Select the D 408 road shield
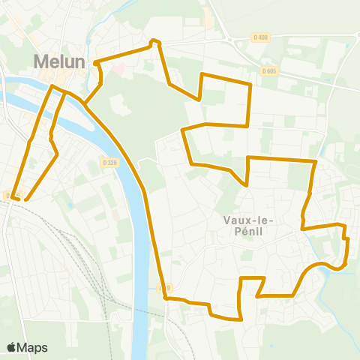pos(259,37)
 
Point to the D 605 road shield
pos(270,70)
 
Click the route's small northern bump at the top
pos(154,40)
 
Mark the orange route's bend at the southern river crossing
pos(165,298)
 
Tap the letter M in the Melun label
pos(41,61)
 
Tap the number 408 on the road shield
pos(262,37)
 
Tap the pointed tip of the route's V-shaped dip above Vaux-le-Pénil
pos(246,184)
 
